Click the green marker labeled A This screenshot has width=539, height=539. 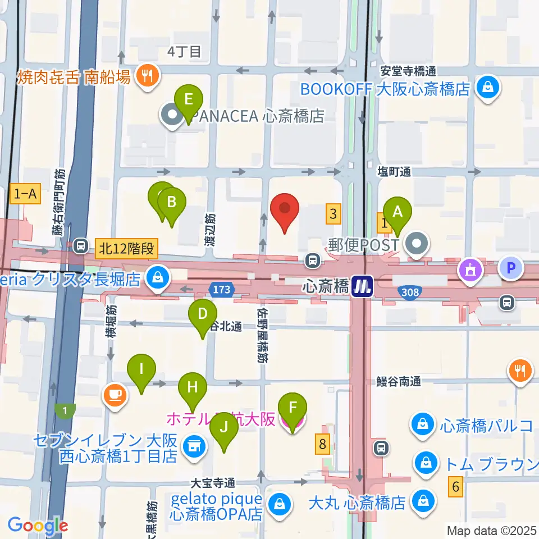coord(398,212)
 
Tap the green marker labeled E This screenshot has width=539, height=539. coord(189,101)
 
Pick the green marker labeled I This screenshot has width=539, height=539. coord(141,370)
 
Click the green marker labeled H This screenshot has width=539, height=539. coord(193,388)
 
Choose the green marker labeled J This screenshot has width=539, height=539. coord(224,428)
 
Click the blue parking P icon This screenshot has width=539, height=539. coord(510,268)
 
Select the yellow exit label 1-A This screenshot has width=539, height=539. coord(25,194)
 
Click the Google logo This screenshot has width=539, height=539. coord(38,526)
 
